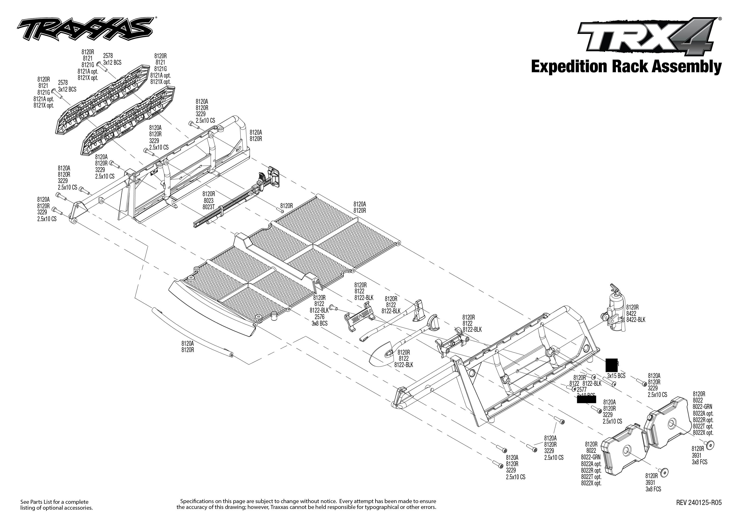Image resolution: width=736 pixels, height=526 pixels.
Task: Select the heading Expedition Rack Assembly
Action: (626, 67)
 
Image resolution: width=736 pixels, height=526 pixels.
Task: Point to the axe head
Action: (418, 311)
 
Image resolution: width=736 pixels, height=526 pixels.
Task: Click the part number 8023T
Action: (208, 207)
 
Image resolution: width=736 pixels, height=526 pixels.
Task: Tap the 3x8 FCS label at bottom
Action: (653, 489)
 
